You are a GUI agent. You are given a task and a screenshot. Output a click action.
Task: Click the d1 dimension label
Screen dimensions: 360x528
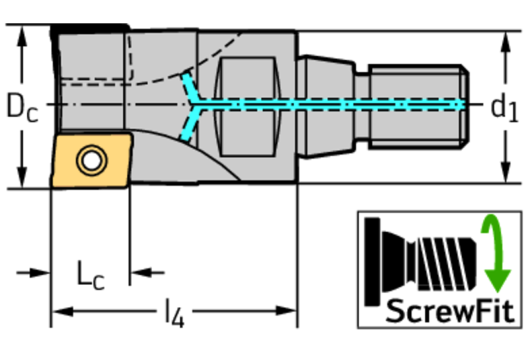pyautogui.click(x=503, y=107)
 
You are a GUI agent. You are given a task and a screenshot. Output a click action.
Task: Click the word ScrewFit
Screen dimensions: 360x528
pyautogui.click(x=450, y=310)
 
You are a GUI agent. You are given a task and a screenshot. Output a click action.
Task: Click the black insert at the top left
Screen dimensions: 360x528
pyautogui.click(x=89, y=28)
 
